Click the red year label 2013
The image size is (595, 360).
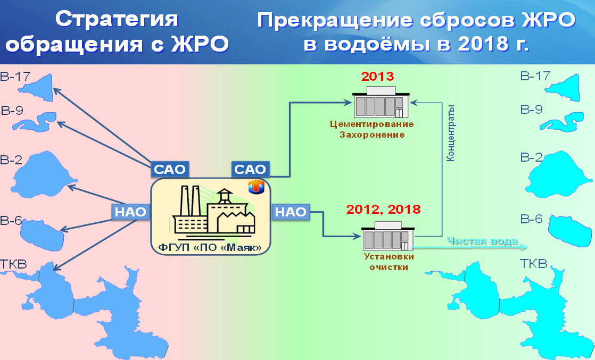click(x=377, y=76)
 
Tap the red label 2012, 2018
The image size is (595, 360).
click(x=383, y=209)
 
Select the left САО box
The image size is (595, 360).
click(x=170, y=169)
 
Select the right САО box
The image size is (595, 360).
click(x=250, y=169)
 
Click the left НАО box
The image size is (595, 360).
click(x=130, y=212)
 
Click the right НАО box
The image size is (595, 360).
click(x=291, y=212)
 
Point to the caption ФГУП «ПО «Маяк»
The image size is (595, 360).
click(x=210, y=248)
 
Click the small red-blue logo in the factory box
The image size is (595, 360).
click(x=256, y=187)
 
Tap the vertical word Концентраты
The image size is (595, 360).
click(x=450, y=133)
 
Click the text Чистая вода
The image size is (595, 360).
click(x=482, y=241)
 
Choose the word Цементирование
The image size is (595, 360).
click(x=371, y=124)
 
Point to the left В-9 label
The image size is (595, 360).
click(x=12, y=111)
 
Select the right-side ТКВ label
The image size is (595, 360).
click(x=533, y=263)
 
